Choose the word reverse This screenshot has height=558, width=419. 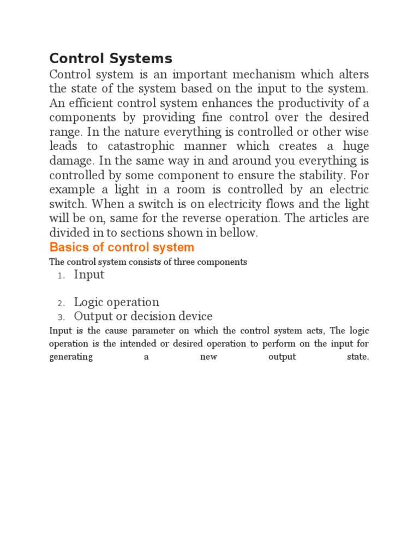(x=207, y=218)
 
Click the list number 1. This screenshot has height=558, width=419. (x=61, y=276)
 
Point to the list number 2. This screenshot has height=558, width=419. (x=61, y=304)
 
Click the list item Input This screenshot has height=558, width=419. (x=89, y=275)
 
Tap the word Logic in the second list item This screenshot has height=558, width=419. (x=89, y=302)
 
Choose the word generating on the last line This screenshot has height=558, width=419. (x=71, y=357)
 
